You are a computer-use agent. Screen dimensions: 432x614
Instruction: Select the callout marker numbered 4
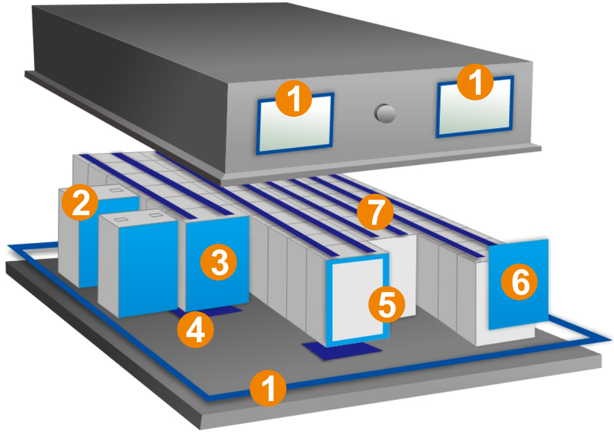[x=195, y=330]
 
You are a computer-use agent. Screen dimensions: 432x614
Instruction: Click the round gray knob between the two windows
[x=385, y=113]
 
